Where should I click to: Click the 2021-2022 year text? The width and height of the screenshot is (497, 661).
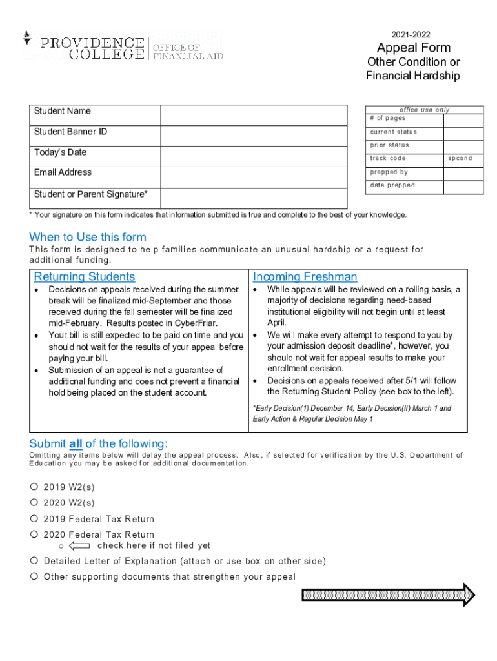point(411,35)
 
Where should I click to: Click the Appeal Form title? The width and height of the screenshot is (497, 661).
point(413,48)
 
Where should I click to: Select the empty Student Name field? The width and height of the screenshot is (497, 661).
point(254,114)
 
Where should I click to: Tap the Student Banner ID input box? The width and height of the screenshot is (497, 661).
point(254,136)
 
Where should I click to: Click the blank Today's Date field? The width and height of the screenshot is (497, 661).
point(254,156)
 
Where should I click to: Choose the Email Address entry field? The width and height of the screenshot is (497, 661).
point(254,176)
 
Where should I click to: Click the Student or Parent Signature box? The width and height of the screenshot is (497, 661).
point(254,198)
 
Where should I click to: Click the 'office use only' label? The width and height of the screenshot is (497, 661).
point(424,110)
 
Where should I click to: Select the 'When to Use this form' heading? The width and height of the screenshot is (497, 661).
point(88,237)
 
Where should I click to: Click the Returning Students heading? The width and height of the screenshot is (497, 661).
point(85,277)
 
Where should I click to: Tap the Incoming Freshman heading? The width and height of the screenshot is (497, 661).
point(305,277)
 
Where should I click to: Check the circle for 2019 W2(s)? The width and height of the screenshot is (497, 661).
point(34,487)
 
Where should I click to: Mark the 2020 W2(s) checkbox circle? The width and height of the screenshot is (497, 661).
point(34,502)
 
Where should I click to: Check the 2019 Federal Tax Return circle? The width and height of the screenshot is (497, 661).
point(34,518)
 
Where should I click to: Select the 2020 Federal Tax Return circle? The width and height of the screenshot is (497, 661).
point(34,534)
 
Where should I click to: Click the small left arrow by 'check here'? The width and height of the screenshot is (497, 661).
point(79,545)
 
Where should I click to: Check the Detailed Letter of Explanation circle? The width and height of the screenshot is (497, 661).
point(34,560)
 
